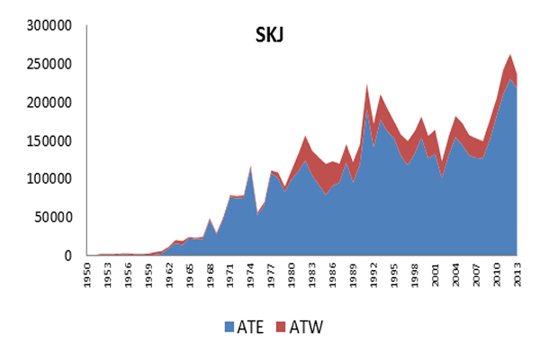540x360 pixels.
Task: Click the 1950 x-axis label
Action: (x=88, y=274)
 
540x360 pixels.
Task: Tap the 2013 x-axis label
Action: (x=515, y=274)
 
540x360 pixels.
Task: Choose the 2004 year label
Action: (x=457, y=274)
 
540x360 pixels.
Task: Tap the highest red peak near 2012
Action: (x=509, y=56)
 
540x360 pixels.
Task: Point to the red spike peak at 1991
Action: (x=367, y=85)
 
